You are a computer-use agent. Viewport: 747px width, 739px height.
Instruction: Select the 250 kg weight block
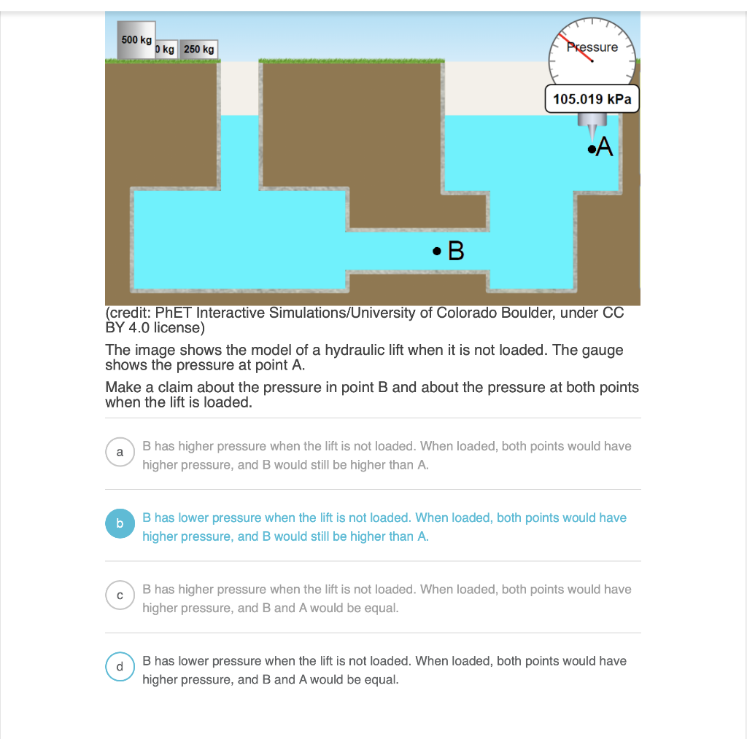(198, 50)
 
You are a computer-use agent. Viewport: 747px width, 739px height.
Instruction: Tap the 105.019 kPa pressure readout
(592, 99)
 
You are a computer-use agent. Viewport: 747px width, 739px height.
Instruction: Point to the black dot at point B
(436, 252)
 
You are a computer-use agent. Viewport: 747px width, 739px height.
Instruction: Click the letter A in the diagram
(605, 147)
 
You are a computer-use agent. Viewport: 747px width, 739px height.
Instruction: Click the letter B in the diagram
(456, 252)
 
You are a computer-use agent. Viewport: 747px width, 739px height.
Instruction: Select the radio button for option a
(120, 453)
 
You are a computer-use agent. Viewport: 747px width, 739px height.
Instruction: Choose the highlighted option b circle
(120, 524)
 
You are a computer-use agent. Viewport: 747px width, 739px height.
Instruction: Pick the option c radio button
(120, 595)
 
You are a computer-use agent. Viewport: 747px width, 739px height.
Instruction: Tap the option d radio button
(120, 667)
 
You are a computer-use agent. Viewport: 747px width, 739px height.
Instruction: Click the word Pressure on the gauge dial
(592, 47)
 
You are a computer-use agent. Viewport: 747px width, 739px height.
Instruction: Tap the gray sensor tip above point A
(590, 131)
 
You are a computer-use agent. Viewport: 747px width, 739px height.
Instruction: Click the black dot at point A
(590, 149)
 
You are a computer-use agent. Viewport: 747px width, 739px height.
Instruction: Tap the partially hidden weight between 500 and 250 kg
(166, 50)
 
